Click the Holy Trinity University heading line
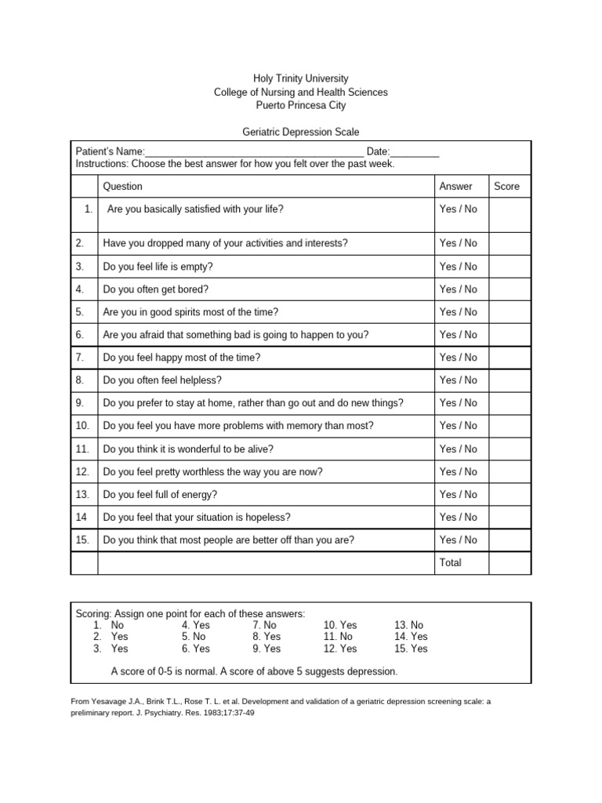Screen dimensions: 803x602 [300, 78]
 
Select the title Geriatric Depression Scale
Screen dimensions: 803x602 [300, 133]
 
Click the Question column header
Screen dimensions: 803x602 [123, 187]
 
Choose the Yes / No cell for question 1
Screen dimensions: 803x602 [458, 209]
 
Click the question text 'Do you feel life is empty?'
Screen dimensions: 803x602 [158, 267]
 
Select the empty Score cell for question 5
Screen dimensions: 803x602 [510, 312]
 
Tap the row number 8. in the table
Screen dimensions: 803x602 [80, 380]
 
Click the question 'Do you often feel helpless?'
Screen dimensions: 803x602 [162, 380]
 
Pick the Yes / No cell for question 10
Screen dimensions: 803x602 [458, 426]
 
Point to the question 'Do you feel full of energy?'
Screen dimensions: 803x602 [160, 495]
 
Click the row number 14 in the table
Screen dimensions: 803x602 [80, 518]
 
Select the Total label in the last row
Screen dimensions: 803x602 [451, 563]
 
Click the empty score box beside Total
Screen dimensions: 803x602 [510, 563]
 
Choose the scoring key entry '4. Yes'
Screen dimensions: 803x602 [196, 625]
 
